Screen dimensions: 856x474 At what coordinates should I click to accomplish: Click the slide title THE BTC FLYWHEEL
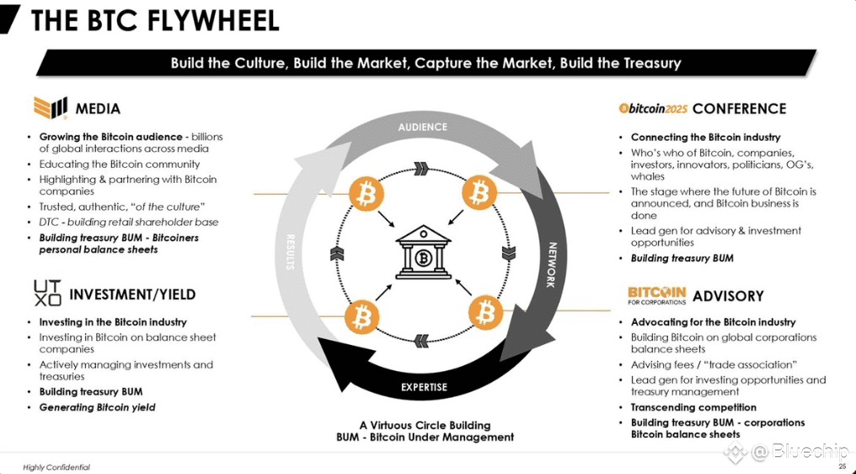pyautogui.click(x=154, y=21)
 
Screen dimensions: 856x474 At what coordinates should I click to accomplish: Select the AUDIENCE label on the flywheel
pyautogui.click(x=423, y=127)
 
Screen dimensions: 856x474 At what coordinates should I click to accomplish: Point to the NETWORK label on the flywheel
pyautogui.click(x=552, y=265)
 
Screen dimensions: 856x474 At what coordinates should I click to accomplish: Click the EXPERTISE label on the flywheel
pyautogui.click(x=424, y=387)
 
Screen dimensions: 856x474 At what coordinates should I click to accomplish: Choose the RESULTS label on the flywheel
pyautogui.click(x=290, y=252)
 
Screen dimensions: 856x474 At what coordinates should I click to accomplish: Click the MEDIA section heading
pyautogui.click(x=98, y=109)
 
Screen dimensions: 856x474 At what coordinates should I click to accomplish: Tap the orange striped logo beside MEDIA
pyautogui.click(x=51, y=107)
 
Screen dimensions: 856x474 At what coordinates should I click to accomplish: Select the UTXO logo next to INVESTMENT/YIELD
pyautogui.click(x=47, y=293)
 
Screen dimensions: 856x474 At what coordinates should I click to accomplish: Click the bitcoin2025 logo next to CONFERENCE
pyautogui.click(x=653, y=108)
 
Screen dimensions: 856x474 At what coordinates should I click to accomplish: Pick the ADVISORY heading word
pyautogui.click(x=728, y=296)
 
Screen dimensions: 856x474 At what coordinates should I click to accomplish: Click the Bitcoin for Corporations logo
pyautogui.click(x=656, y=295)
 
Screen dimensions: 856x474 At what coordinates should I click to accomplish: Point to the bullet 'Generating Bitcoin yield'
pyautogui.click(x=97, y=407)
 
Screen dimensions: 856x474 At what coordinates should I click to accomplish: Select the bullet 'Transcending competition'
pyautogui.click(x=694, y=407)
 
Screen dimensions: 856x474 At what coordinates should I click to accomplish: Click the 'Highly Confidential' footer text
pyautogui.click(x=56, y=467)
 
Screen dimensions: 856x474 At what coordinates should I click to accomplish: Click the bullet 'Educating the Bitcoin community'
pyautogui.click(x=120, y=164)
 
